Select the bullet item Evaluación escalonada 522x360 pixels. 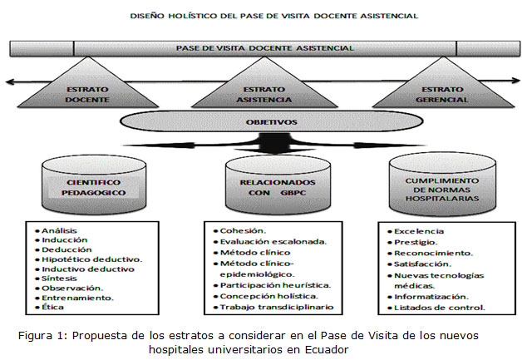pos(272,243)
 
